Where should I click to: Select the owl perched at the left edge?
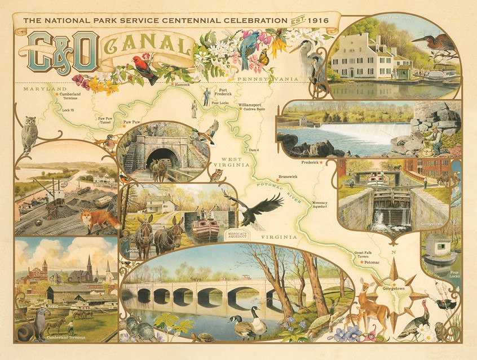[29, 134]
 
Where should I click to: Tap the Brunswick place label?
[287, 176]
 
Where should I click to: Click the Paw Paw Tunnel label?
[105, 121]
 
